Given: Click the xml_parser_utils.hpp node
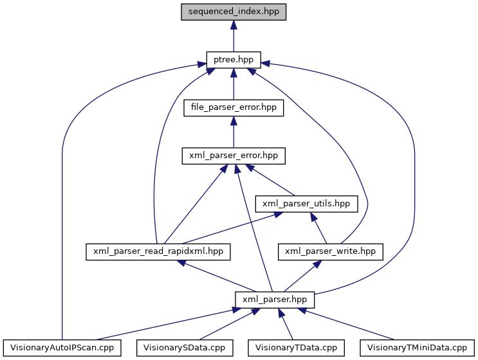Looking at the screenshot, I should coord(306,203).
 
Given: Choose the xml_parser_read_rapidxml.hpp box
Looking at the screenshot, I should coord(158,251).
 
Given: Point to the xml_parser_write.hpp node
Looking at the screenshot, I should coord(330,251).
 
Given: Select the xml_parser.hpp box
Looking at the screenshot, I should coord(275,299).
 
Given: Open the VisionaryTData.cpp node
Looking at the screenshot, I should coord(297,347).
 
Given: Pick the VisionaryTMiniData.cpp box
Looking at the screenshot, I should coord(417,347).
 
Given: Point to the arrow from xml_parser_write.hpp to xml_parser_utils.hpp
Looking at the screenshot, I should coord(318,228).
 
